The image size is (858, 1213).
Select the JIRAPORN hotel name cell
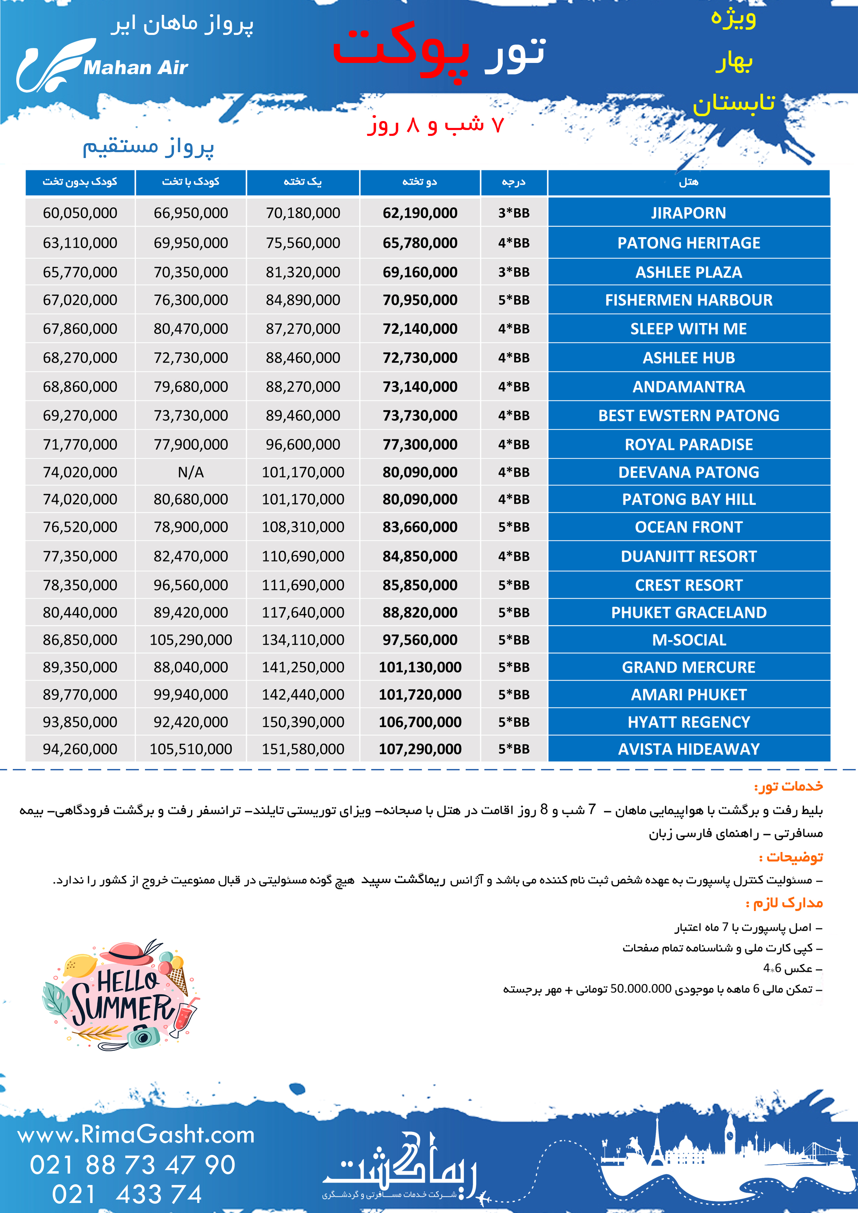coord(688,213)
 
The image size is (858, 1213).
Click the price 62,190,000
coord(420,213)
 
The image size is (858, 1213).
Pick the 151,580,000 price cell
coord(303,749)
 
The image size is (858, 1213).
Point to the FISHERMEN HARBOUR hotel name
coord(688,300)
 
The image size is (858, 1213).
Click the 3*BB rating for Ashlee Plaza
coord(513,272)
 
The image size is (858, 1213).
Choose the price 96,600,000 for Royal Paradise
coord(303,444)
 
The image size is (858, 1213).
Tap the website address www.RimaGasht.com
coord(136,1134)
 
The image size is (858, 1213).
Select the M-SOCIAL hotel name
coord(688,640)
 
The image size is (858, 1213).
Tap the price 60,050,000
coord(80,213)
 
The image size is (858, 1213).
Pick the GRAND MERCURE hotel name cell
coord(688,667)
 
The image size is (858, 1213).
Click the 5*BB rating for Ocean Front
coord(513,527)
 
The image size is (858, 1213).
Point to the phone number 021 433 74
coord(127,1194)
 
